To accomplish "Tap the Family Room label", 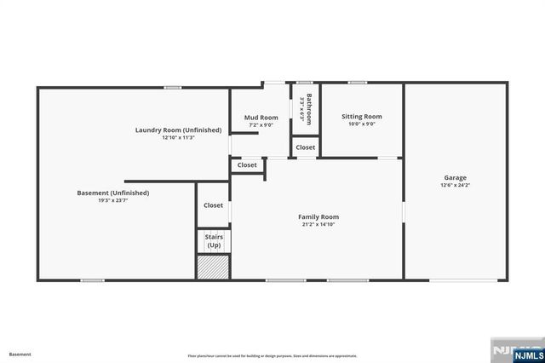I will coord(318,217).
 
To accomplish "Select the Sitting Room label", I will coord(361,117).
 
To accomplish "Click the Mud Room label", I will coord(261,118).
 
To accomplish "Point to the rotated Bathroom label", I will coord(309,109).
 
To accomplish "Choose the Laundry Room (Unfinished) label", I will coord(178,130).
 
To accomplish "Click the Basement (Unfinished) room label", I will coord(112,193).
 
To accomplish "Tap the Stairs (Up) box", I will coord(213,241).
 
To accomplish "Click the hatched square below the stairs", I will coord(213,268).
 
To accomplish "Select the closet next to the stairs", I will coord(213,205).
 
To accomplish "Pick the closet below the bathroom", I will coord(306,147).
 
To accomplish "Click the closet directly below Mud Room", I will coord(247,165).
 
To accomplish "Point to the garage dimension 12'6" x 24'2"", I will coord(455,186).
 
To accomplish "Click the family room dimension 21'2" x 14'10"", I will coord(318,225).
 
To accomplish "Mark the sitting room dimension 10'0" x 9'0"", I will coord(361,124).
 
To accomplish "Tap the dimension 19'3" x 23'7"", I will coord(112,201).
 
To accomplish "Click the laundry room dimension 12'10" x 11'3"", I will coord(178,137).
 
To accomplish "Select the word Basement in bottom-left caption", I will coord(20,354).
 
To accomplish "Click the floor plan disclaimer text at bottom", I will coord(272,355).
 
